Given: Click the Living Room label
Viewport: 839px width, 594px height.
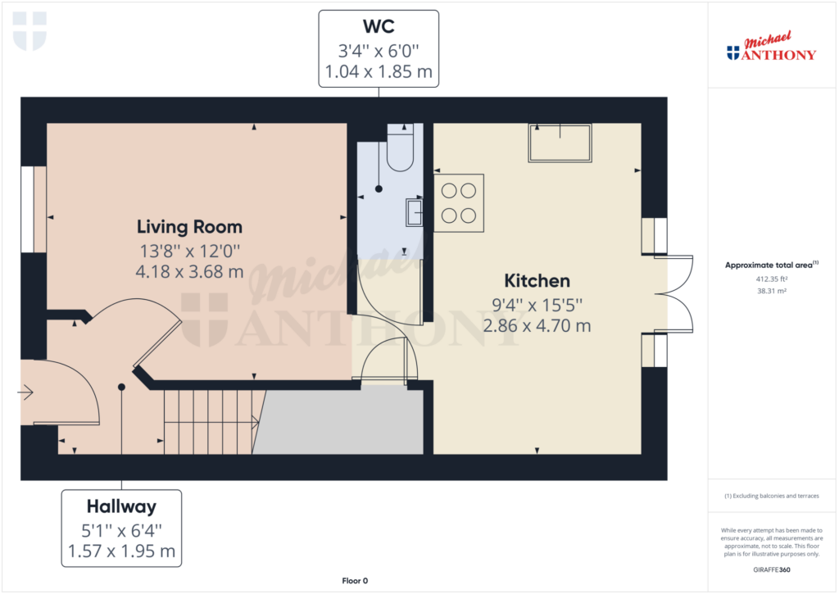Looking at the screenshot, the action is tap(189, 227).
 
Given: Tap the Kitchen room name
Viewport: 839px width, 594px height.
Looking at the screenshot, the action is tap(537, 281).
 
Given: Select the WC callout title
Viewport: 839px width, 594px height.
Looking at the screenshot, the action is tap(379, 26).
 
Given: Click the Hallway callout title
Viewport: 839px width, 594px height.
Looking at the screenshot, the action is tap(121, 506).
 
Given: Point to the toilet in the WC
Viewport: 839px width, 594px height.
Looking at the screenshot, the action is tap(400, 147).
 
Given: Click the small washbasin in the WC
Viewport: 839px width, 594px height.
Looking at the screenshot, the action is tap(414, 212).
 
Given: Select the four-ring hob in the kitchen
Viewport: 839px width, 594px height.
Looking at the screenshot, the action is tap(459, 203).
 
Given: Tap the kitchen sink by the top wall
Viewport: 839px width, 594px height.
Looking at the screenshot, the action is tap(560, 143).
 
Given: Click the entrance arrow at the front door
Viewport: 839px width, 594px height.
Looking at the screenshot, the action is tap(25, 392).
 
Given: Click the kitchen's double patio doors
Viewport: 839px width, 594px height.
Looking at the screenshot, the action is tap(673, 294).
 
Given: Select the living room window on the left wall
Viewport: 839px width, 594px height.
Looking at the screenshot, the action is tap(27, 209).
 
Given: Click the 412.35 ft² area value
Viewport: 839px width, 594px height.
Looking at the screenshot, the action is tap(772, 279).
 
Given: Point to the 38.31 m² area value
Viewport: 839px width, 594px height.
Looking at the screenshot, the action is tap(772, 291).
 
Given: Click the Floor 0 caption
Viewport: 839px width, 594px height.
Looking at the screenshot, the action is tap(355, 581).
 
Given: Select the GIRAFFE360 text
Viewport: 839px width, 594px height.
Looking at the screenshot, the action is tap(772, 570).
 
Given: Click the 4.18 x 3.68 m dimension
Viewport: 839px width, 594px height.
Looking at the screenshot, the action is tap(189, 272).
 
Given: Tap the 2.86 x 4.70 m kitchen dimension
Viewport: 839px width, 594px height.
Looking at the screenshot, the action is tap(537, 326).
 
